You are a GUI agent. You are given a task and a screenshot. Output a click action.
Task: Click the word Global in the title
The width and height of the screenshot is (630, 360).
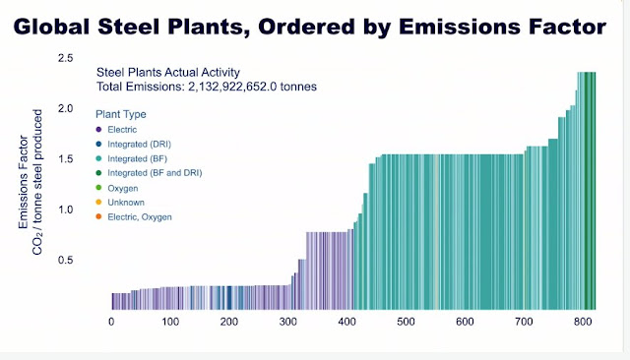[x=52, y=27]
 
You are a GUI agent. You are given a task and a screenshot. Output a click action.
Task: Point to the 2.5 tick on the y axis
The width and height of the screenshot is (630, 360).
[x=66, y=58]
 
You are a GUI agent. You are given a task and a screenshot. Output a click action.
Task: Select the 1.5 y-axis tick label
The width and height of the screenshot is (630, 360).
[x=66, y=159]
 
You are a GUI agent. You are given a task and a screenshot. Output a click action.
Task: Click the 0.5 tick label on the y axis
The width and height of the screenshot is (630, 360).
[x=66, y=260]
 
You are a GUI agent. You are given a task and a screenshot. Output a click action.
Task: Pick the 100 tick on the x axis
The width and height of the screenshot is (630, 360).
[x=170, y=322]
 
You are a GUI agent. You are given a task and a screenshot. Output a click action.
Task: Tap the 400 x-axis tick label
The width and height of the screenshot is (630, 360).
[x=347, y=322]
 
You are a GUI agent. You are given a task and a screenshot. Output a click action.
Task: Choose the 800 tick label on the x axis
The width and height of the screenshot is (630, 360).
[x=583, y=322]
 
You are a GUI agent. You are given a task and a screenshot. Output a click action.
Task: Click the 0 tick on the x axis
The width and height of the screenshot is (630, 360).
[x=111, y=322]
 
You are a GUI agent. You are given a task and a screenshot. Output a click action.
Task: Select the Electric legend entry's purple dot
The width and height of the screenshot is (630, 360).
[x=98, y=130]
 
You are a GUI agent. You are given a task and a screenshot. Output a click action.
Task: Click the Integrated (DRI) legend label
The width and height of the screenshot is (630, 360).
[x=139, y=144]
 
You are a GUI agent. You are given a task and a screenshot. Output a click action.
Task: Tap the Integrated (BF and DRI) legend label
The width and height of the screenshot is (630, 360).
[x=155, y=173]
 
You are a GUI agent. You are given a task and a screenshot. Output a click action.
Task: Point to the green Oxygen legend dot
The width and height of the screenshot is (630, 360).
[x=98, y=188]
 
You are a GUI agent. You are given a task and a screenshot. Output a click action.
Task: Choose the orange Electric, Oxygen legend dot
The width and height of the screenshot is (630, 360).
[x=98, y=216]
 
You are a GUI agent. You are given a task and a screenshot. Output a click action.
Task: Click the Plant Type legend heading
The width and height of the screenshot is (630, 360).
[x=121, y=114]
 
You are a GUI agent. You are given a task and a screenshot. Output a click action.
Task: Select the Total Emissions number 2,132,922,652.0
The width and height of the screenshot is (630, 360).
[x=232, y=87]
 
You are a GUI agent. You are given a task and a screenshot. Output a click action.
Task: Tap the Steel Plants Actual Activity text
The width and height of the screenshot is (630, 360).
[x=168, y=72]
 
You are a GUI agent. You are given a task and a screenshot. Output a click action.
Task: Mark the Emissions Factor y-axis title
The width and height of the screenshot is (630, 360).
[x=24, y=182]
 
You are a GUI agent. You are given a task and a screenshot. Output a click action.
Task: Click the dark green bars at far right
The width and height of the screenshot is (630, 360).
[x=590, y=191]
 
